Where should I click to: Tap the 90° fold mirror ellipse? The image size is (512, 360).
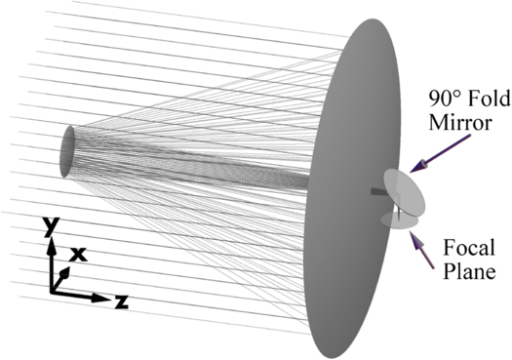[x=405, y=191]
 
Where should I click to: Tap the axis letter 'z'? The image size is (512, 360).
[x=121, y=300]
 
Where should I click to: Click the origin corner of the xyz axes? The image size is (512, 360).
[x=51, y=292]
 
